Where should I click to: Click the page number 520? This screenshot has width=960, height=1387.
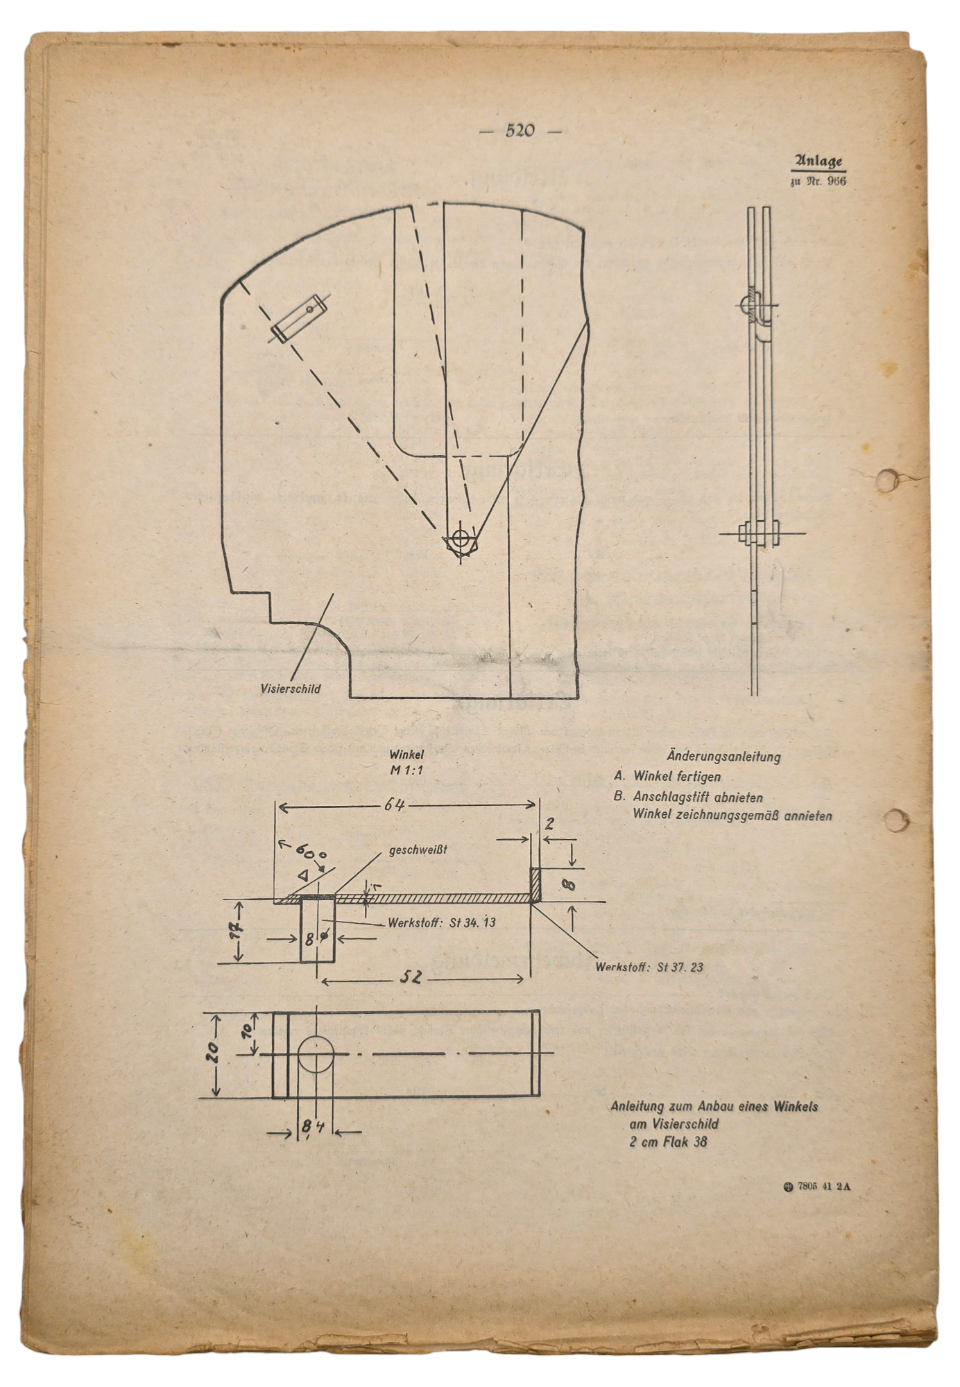520,130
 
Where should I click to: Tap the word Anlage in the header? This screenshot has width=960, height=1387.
818,162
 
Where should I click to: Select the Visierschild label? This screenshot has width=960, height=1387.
291,689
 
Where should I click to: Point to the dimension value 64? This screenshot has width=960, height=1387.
394,805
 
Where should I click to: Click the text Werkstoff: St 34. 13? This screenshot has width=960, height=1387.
442,922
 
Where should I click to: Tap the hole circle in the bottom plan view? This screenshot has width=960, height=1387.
316,1055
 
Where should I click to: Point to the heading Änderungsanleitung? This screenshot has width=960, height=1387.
723,757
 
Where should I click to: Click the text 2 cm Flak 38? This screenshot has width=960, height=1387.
669,1142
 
